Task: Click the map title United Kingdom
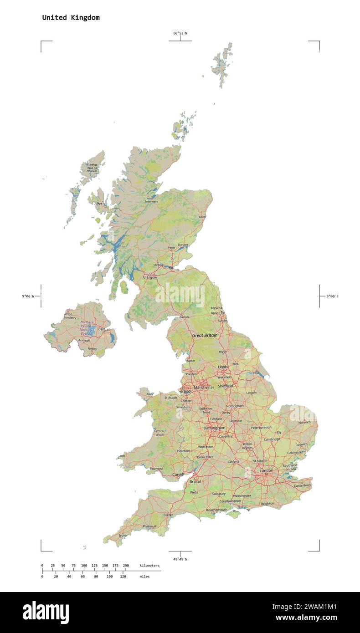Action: (x=71, y=18)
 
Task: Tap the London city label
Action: (x=267, y=470)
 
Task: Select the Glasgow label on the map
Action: (x=149, y=277)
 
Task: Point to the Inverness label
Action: (x=151, y=201)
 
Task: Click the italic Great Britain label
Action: (x=205, y=335)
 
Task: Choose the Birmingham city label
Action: (x=214, y=428)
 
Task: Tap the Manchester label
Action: (x=204, y=388)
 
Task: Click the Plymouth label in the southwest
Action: (x=149, y=526)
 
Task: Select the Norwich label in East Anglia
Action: (x=304, y=422)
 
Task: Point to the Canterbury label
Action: (x=302, y=485)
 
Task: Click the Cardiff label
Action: (x=178, y=475)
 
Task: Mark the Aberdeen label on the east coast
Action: (x=203, y=217)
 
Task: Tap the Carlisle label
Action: (x=184, y=317)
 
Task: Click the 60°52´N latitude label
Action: (x=180, y=33)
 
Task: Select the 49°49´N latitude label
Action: (x=180, y=559)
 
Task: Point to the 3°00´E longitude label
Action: (x=332, y=296)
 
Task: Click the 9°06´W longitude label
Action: (x=28, y=296)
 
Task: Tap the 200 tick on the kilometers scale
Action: (x=126, y=566)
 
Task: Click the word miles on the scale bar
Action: (x=144, y=577)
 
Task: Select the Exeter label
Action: (x=168, y=515)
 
